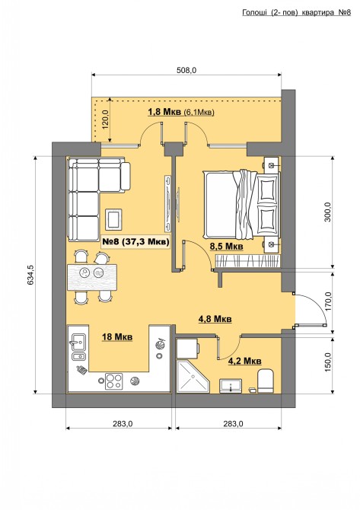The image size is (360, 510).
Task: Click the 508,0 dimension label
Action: point(186,70)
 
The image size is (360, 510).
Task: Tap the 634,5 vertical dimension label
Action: point(30,275)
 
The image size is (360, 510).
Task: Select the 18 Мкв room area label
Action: point(117,337)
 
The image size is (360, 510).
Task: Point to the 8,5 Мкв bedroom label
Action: point(226,247)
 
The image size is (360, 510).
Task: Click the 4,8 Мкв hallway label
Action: point(215,319)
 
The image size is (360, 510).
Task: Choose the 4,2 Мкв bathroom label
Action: point(245,361)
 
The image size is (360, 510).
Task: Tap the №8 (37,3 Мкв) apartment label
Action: point(135,241)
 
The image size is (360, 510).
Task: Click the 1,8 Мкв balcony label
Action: point(164,112)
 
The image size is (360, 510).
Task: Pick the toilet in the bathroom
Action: point(266,381)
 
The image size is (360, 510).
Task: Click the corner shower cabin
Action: point(193,376)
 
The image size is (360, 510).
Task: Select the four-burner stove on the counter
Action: point(114,381)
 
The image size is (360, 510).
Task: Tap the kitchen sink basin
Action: point(78,343)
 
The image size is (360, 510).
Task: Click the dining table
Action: point(92,277)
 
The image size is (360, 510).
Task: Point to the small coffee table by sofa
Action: point(114,219)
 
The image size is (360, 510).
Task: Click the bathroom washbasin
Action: point(231,386)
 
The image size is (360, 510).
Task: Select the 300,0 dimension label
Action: point(327,212)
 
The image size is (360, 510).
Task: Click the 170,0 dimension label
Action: point(328,301)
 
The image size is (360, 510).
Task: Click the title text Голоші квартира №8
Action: point(297,13)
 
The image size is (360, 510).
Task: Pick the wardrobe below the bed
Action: point(247,261)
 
